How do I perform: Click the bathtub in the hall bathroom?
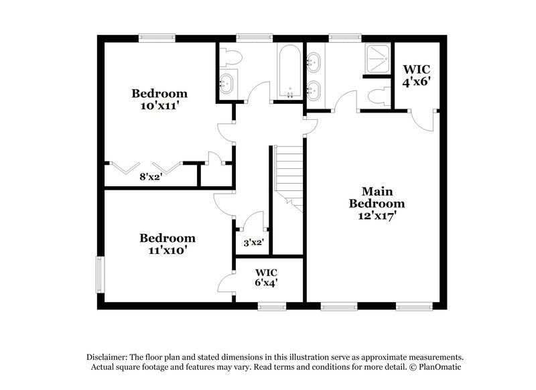pos(289,72)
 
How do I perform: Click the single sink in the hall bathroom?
pos(226,84)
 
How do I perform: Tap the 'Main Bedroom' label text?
pos(383,197)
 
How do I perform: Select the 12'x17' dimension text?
pos(383,216)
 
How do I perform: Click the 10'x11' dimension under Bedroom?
pos(159,106)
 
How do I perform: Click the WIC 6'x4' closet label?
pos(266,278)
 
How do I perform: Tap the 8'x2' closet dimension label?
pos(151,177)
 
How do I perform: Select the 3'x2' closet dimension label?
pos(253,243)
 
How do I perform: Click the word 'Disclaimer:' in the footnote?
pos(111,357)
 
